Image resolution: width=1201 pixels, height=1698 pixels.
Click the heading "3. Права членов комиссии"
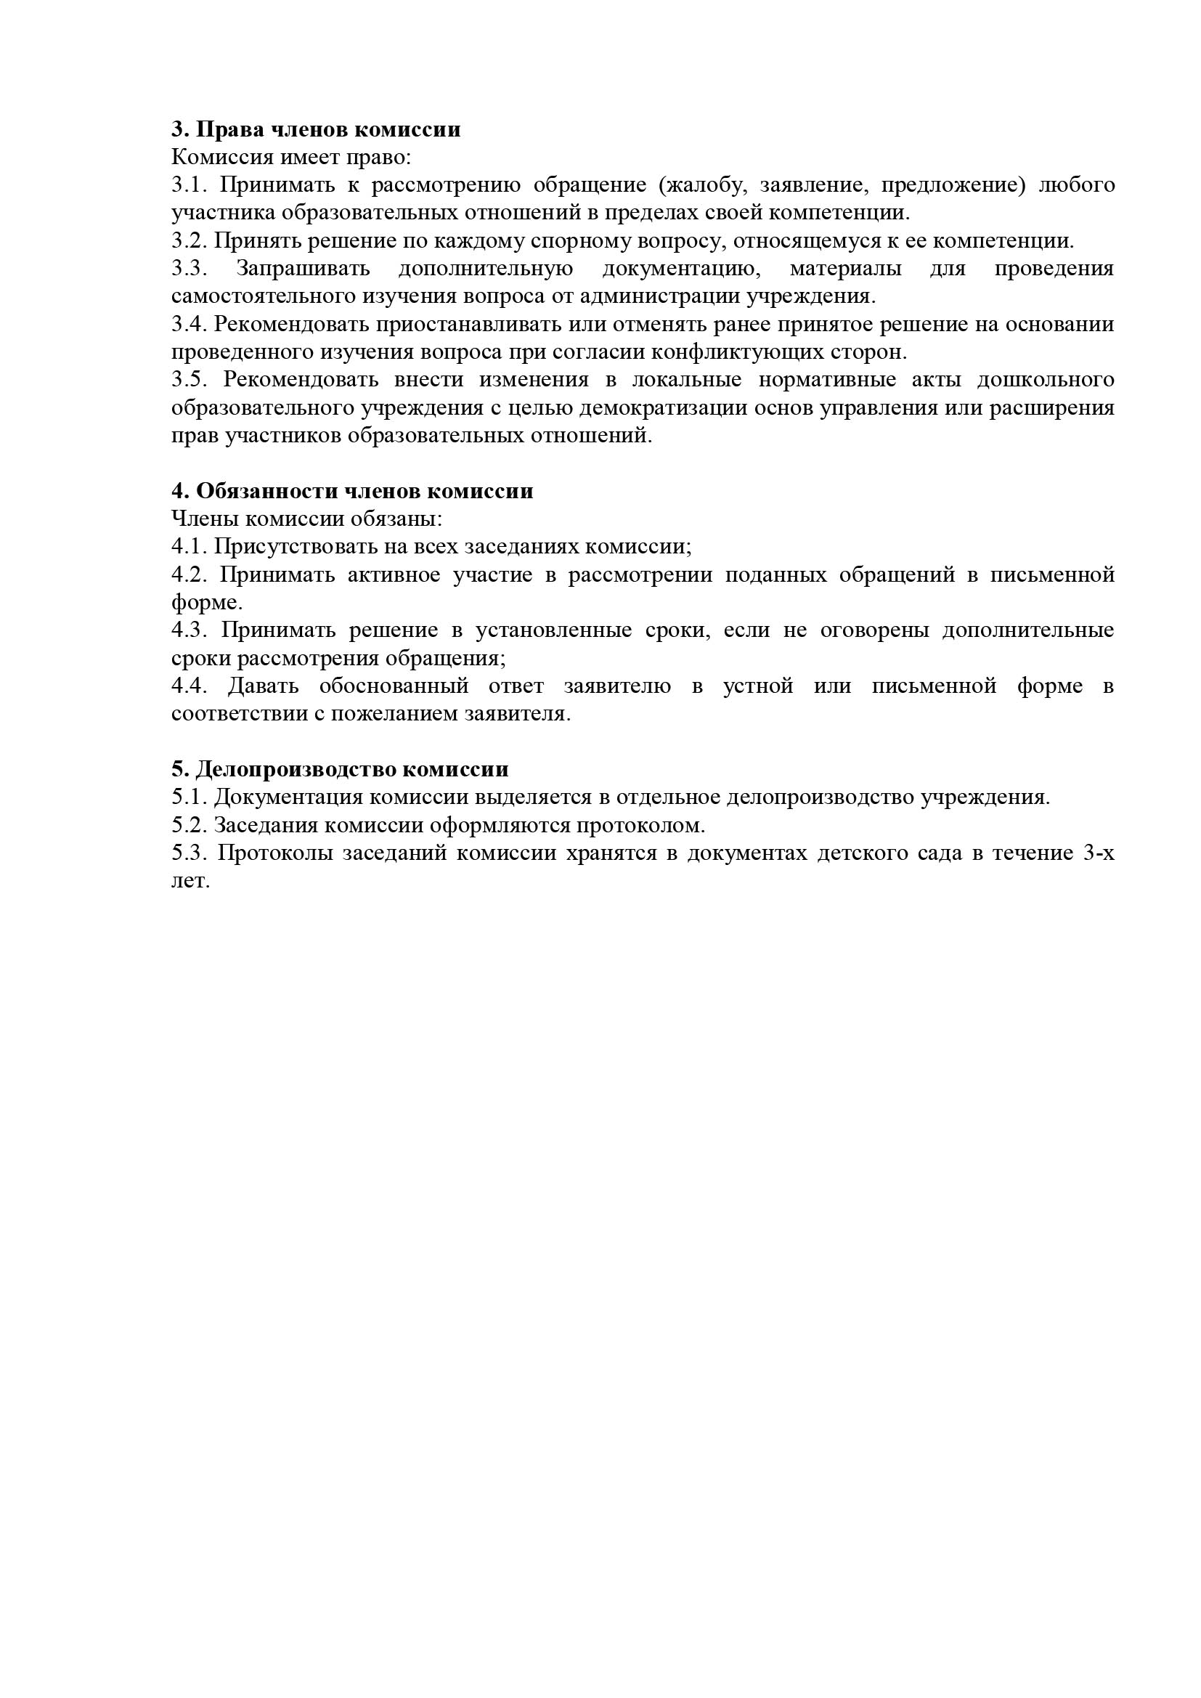[x=316, y=129]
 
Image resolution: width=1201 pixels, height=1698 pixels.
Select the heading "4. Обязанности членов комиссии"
[x=352, y=491]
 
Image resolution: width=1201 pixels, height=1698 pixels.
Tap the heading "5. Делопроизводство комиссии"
[x=339, y=769]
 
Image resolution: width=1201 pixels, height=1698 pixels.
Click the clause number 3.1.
[x=189, y=185]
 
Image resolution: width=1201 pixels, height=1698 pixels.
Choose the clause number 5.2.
[x=189, y=824]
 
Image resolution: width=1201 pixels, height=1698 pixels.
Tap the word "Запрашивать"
[x=304, y=269]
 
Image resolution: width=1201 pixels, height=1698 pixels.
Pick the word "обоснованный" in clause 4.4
[x=394, y=686]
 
